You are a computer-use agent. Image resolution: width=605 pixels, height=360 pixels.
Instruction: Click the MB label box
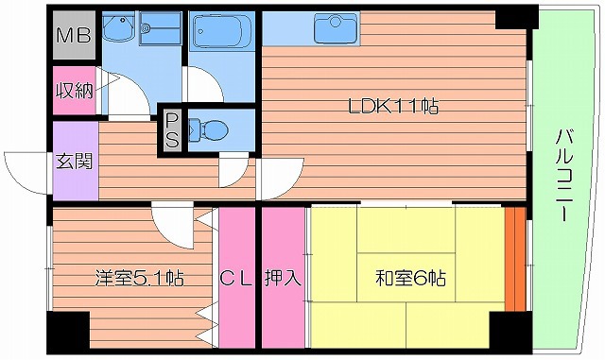point(72,37)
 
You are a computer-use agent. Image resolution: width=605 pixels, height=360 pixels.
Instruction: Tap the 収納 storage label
point(73,92)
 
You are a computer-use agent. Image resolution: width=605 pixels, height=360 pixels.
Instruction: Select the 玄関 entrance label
point(73,162)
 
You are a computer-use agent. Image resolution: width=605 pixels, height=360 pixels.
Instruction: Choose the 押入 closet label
point(283,279)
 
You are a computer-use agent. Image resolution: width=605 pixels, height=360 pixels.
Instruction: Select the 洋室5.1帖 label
point(138,279)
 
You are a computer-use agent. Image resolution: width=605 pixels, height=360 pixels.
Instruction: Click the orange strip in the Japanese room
point(514,257)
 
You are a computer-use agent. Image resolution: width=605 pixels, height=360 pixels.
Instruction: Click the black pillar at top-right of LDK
point(515,18)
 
